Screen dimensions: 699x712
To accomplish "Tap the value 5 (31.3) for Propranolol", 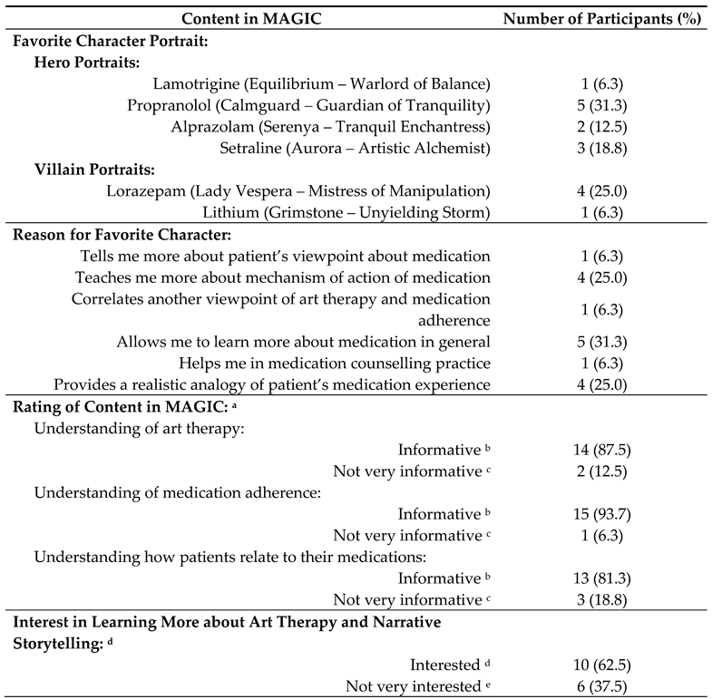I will [x=604, y=105].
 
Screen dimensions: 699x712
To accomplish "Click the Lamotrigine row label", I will [x=322, y=83].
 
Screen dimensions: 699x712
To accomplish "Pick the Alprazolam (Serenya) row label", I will [x=331, y=126].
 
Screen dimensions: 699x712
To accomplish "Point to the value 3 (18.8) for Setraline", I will [x=604, y=148].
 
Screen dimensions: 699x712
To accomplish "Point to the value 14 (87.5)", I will [x=604, y=450].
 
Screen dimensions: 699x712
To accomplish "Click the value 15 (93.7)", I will [x=604, y=514].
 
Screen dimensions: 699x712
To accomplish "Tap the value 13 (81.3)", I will [x=604, y=578].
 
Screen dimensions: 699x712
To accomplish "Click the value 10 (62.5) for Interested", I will [x=604, y=665].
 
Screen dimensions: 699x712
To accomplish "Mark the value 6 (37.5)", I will [x=604, y=686].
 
